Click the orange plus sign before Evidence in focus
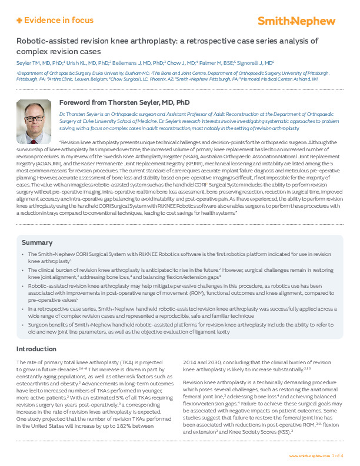pyautogui.click(x=19, y=21)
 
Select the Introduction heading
pyautogui.click(x=40, y=349)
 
